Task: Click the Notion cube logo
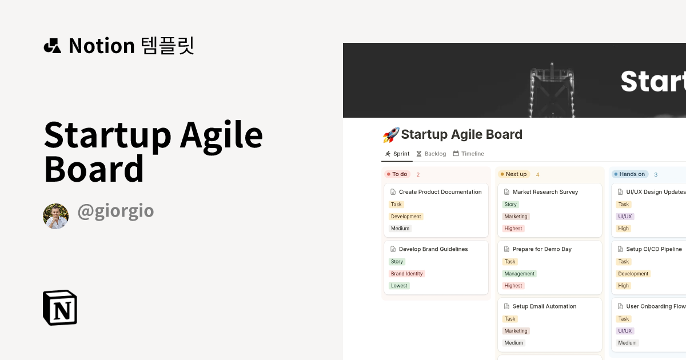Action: click(60, 307)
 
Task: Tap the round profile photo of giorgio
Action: click(56, 216)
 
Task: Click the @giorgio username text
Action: click(115, 211)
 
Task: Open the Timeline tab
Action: click(468, 154)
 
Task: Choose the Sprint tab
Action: click(397, 154)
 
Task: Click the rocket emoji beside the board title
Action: click(390, 135)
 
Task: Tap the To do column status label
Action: click(397, 174)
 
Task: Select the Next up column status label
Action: click(513, 174)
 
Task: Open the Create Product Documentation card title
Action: click(440, 192)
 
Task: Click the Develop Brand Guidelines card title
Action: click(433, 249)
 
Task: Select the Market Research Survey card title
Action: click(545, 192)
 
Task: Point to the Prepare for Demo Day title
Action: click(542, 249)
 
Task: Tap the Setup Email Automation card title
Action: click(544, 306)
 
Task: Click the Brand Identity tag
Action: click(406, 274)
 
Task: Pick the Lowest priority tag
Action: click(399, 286)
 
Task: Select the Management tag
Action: click(519, 274)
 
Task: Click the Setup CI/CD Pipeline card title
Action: click(654, 249)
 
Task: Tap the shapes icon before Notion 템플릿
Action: click(52, 46)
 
